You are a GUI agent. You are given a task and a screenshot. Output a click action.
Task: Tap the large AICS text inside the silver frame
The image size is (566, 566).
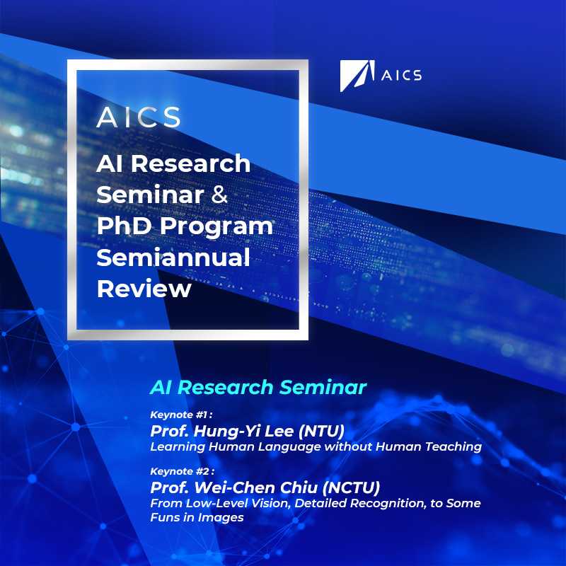click(139, 117)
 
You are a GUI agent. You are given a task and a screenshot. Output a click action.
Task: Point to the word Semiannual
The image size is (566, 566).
click(173, 257)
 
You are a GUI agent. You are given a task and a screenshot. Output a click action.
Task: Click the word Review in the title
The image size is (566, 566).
click(144, 289)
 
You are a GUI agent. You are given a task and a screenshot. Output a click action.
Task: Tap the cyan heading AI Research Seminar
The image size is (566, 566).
click(258, 387)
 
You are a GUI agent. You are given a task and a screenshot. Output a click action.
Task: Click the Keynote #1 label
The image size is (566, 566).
click(181, 415)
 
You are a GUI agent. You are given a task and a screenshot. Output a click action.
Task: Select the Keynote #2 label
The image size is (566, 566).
click(183, 471)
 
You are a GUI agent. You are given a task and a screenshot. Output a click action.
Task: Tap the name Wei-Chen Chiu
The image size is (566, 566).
click(256, 487)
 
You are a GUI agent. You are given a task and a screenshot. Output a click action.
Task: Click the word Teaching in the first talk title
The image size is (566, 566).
click(453, 447)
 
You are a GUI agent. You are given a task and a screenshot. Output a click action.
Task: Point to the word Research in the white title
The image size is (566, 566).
click(190, 163)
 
